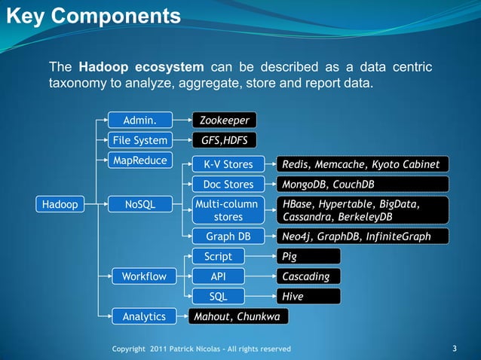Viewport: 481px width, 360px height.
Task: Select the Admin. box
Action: coord(139,120)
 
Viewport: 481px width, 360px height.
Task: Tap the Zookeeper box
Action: coord(224,120)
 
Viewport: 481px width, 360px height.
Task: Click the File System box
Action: coord(139,140)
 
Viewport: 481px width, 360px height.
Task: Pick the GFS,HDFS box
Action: coord(224,140)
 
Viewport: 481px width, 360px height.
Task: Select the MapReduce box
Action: coord(139,160)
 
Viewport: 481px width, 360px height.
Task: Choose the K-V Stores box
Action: coord(228,164)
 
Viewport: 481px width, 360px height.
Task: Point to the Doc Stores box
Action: coord(228,185)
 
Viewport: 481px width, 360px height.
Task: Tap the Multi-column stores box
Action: coord(228,210)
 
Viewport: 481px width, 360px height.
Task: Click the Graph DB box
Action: coord(228,236)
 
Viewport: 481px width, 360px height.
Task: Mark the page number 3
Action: coord(454,348)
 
